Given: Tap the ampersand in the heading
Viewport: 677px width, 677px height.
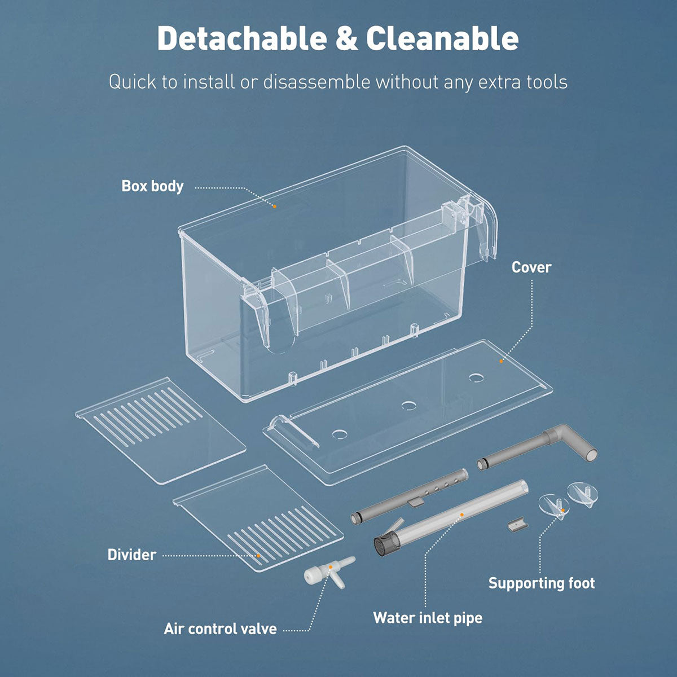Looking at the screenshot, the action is click(x=347, y=39).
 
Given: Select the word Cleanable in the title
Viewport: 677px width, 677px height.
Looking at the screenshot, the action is click(x=442, y=38).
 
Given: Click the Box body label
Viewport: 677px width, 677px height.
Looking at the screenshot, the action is click(x=152, y=186).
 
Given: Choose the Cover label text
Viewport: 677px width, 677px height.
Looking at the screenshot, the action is click(x=531, y=267).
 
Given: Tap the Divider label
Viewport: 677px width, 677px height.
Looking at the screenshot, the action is click(x=132, y=555).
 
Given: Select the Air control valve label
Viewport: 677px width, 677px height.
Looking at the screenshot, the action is click(x=220, y=629).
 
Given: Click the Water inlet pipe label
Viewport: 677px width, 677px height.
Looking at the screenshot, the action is click(x=428, y=618).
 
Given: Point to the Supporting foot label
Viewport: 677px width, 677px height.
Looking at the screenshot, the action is click(x=542, y=583).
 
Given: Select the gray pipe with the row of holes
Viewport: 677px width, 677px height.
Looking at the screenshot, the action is click(x=410, y=496).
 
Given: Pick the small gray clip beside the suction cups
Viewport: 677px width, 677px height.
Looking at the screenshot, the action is click(x=518, y=525).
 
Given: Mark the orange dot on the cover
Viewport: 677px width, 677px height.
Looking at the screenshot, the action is click(x=501, y=361).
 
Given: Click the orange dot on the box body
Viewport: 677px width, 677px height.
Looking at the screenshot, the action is click(x=275, y=206).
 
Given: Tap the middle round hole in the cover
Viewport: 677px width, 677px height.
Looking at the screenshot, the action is click(x=408, y=406).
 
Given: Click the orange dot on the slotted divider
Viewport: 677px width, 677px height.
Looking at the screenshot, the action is click(x=258, y=556).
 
